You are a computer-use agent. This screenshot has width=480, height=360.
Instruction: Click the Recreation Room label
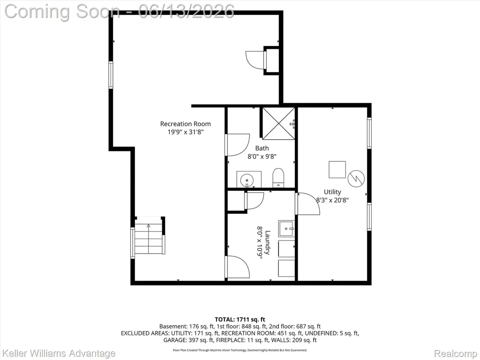coord(186,124)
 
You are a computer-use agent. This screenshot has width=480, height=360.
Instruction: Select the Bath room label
coord(262,148)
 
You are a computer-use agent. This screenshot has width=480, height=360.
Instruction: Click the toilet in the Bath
coord(278,177)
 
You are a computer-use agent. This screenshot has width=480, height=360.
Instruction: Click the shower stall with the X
coord(278,123)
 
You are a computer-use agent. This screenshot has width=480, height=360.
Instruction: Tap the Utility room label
coord(332,192)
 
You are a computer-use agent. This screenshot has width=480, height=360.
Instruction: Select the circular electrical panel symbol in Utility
coord(356,178)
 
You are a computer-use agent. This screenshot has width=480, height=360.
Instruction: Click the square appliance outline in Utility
coord(337,170)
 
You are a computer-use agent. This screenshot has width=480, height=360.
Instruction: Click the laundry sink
coord(286,228)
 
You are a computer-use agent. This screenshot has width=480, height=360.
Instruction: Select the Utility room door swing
coord(308,203)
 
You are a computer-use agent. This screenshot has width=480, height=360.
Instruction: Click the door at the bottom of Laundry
coord(238,267)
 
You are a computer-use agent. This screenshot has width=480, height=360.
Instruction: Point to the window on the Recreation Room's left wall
coord(111,75)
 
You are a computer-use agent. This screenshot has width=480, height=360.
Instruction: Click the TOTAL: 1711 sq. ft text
coord(240,320)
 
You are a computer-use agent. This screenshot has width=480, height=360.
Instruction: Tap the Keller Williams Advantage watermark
coord(58,353)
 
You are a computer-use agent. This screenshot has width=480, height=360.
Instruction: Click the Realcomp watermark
coord(456,353)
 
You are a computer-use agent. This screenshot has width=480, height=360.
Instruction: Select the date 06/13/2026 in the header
coord(187,11)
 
